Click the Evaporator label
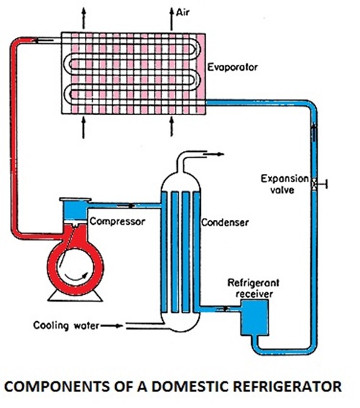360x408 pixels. (x=233, y=68)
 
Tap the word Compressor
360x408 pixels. (x=117, y=222)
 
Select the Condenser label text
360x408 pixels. (x=225, y=222)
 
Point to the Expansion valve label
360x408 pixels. (x=284, y=184)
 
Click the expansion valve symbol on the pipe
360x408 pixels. (x=315, y=184)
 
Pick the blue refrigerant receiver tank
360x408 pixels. (x=255, y=317)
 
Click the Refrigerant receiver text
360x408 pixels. (x=253, y=288)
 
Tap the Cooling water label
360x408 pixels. (x=66, y=325)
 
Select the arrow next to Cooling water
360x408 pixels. (x=112, y=325)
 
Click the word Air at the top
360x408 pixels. (x=183, y=12)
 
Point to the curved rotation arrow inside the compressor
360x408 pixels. (x=76, y=277)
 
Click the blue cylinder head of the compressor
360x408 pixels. (x=75, y=209)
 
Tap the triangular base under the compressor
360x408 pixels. (x=75, y=296)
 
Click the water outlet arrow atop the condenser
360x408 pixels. (x=213, y=154)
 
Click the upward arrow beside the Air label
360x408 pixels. (x=171, y=19)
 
